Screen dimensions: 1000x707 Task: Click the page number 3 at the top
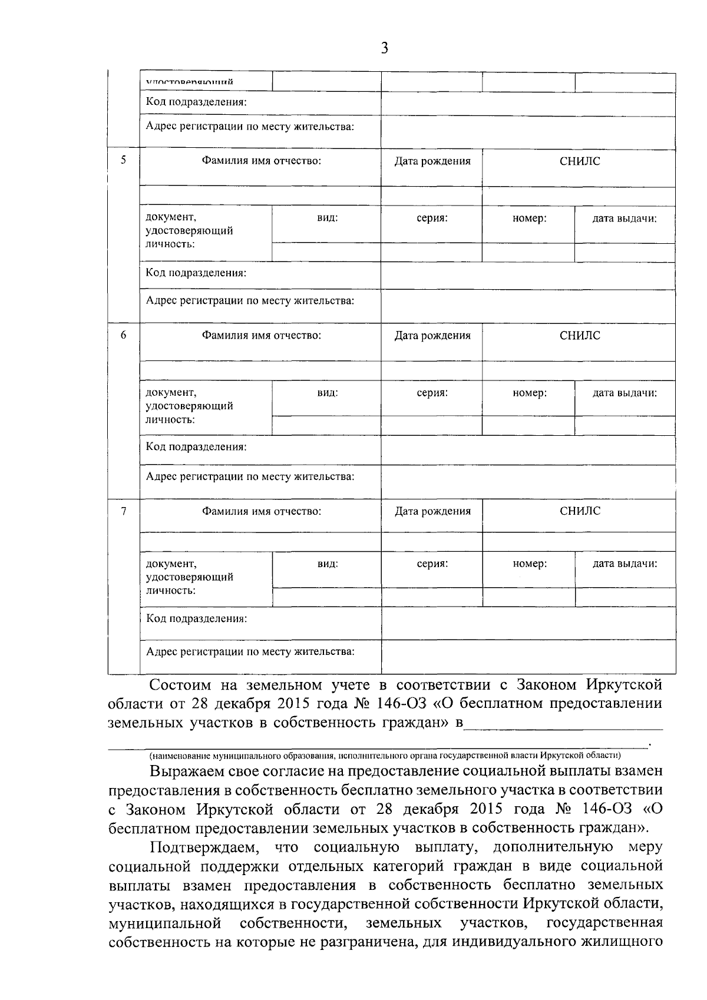(x=384, y=48)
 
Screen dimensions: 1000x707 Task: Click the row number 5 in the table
(x=123, y=160)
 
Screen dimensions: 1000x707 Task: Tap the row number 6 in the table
(x=123, y=335)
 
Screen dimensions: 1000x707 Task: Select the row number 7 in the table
(x=123, y=511)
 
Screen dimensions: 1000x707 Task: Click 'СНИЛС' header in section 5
(x=580, y=161)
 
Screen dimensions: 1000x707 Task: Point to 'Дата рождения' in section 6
(x=432, y=336)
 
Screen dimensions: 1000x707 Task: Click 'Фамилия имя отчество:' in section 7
(x=262, y=511)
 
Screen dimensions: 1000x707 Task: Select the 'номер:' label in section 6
(x=529, y=393)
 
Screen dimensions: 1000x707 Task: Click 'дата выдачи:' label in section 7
(x=625, y=564)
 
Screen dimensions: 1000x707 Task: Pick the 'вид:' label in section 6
(x=328, y=393)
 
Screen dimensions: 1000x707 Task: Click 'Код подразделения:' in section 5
(x=196, y=273)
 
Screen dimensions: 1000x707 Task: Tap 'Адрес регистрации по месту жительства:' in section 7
(x=250, y=651)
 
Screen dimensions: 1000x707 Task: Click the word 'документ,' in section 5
(x=171, y=217)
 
